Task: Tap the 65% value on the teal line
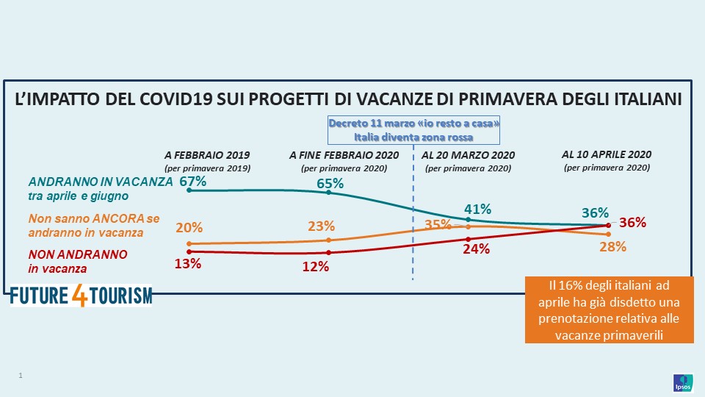pyautogui.click(x=329, y=184)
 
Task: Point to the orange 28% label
pyautogui.click(x=612, y=247)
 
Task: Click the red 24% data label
pyautogui.click(x=475, y=248)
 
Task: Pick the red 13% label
pyautogui.click(x=188, y=264)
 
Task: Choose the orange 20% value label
pyautogui.click(x=189, y=228)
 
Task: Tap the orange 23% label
pyautogui.click(x=321, y=226)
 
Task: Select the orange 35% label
pyautogui.click(x=438, y=224)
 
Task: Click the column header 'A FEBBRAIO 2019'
pyautogui.click(x=208, y=156)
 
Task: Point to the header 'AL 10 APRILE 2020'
pyautogui.click(x=607, y=155)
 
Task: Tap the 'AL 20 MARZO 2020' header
pyautogui.click(x=468, y=156)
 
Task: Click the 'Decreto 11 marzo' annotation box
pyautogui.click(x=413, y=129)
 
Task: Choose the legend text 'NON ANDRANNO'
pyautogui.click(x=77, y=254)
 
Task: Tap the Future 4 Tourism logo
pyautogui.click(x=81, y=296)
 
